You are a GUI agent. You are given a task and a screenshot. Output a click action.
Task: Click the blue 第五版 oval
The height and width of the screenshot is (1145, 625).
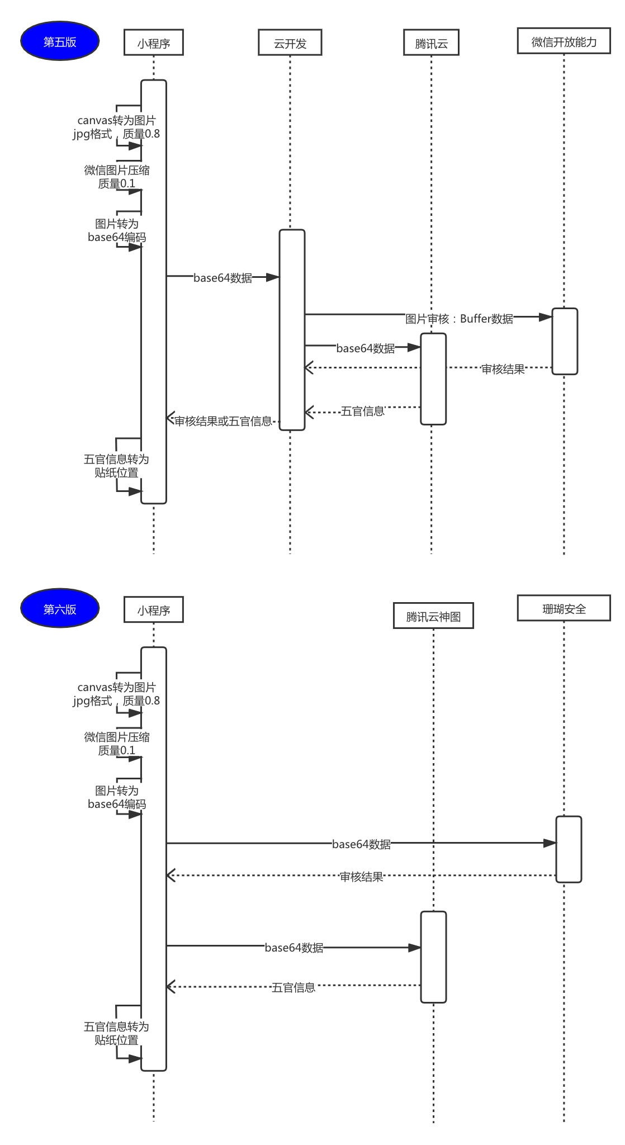[x=60, y=41]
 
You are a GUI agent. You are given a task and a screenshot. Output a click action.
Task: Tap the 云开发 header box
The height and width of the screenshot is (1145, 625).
[x=290, y=42]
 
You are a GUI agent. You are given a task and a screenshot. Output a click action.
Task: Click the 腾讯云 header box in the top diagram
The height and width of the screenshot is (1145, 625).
[x=431, y=42]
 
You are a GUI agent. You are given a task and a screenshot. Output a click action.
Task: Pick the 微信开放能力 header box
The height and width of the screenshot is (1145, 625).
[x=564, y=41]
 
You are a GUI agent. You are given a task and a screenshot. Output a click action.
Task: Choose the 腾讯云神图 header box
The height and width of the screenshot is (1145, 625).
[x=433, y=616]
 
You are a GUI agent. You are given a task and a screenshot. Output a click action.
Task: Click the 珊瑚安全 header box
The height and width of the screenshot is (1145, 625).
[x=564, y=608]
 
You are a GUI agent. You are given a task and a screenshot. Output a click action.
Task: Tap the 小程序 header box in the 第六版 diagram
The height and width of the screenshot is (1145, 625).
[x=154, y=609]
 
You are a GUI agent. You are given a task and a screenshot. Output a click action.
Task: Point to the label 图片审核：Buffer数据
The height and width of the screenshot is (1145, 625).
[x=459, y=319]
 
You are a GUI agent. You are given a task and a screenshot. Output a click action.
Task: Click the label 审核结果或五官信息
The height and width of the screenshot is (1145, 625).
[x=223, y=421]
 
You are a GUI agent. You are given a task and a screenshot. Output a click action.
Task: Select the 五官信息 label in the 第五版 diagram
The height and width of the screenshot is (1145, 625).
[x=363, y=411]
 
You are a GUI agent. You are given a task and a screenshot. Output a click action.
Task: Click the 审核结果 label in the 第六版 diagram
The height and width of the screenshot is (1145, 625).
[x=362, y=876]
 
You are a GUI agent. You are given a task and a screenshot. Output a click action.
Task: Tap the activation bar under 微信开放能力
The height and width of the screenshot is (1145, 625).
[x=565, y=341]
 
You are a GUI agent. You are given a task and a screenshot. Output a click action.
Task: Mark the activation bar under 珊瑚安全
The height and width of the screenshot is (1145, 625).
[x=569, y=849]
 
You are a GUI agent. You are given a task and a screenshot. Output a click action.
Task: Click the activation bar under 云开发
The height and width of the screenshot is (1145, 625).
[x=292, y=330]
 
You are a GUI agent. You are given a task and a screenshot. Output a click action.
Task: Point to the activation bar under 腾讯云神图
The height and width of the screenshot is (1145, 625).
[x=433, y=957]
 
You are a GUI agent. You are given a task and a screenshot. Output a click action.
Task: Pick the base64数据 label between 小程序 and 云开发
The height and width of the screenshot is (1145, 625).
[x=222, y=277]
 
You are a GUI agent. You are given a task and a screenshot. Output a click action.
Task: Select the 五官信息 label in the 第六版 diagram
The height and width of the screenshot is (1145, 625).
[x=293, y=987]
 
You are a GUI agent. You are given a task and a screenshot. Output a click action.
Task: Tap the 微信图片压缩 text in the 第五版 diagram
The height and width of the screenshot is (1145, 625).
[x=117, y=170]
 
